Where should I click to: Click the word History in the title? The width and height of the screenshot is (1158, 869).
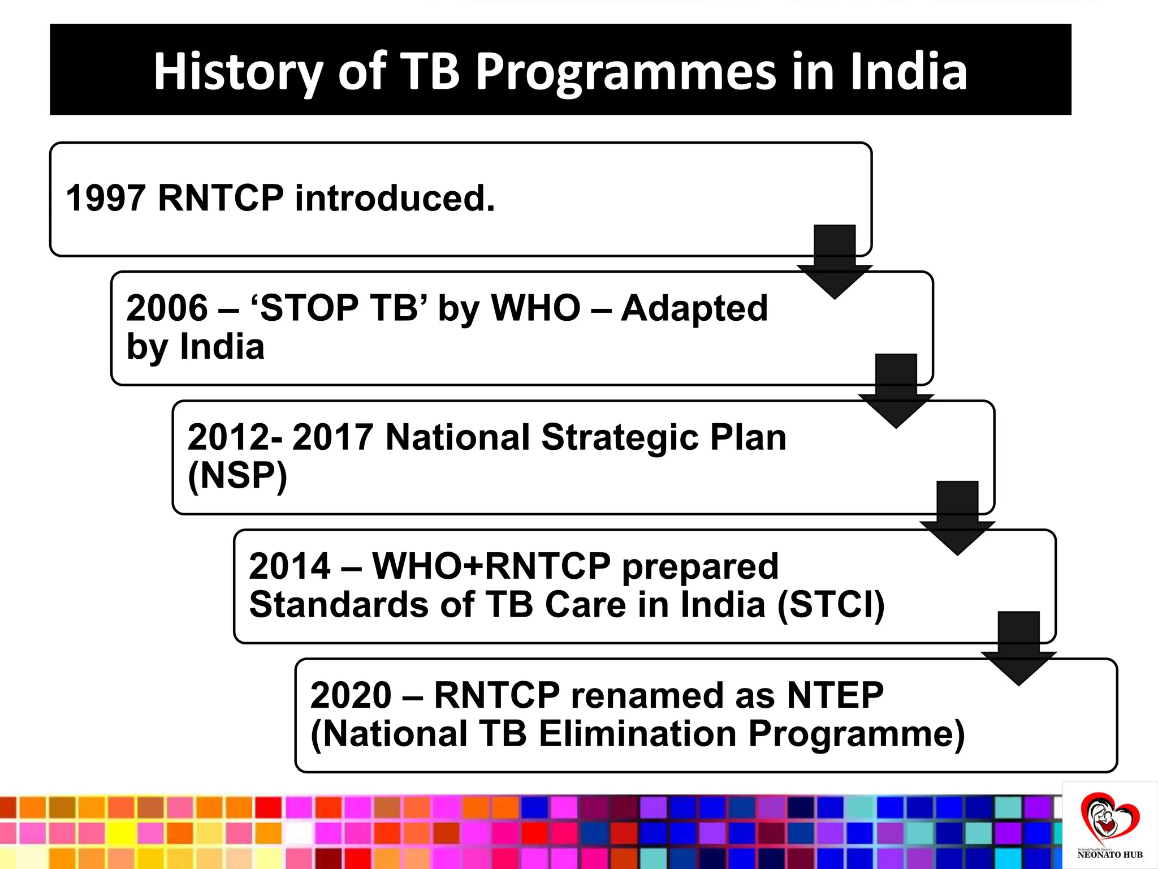(x=237, y=72)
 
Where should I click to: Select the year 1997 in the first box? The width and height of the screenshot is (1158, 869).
(x=106, y=199)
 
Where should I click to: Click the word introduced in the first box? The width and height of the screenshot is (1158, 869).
(x=395, y=199)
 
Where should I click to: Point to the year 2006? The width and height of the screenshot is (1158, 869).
(x=167, y=308)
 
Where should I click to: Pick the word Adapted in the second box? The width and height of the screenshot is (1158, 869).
(x=694, y=308)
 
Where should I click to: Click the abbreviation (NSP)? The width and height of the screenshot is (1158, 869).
(x=237, y=475)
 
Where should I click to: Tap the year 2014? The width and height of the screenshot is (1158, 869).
(x=289, y=566)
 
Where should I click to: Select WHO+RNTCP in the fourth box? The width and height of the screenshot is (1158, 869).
(x=491, y=566)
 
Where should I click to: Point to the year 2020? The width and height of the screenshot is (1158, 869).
(x=351, y=695)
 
